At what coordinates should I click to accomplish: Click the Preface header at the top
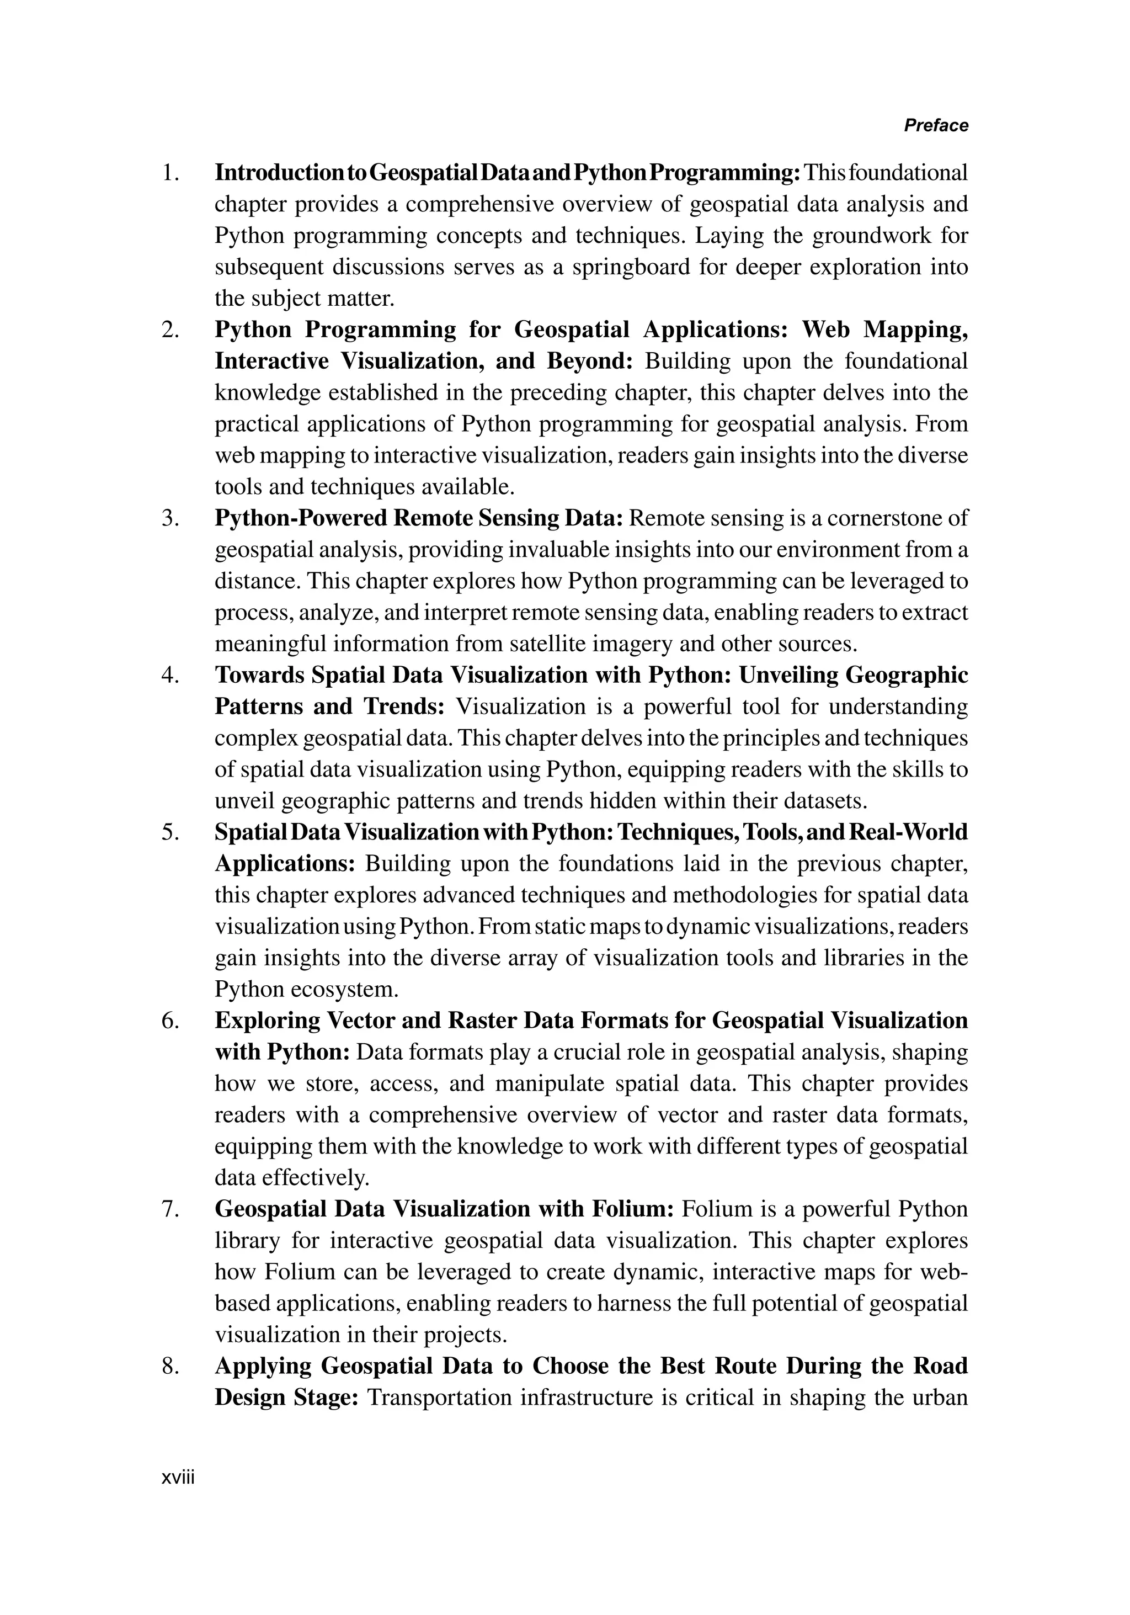click(x=935, y=125)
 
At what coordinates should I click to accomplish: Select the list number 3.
click(x=169, y=518)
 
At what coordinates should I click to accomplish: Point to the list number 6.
click(x=169, y=1021)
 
